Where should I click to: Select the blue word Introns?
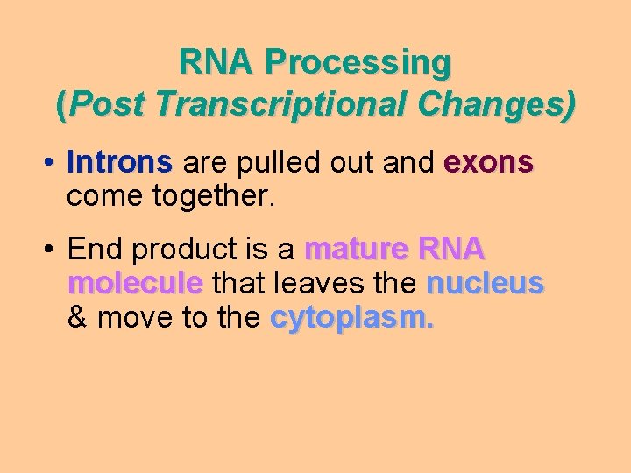[x=119, y=163]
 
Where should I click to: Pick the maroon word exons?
[x=488, y=163]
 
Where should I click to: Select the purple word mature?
[x=356, y=251]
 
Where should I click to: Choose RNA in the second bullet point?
[x=451, y=251]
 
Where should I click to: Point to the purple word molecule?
[x=135, y=283]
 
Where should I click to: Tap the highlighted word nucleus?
[x=485, y=283]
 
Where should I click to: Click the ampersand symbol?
[x=77, y=317]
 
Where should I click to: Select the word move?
[x=132, y=317]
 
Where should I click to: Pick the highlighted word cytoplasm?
[x=351, y=318]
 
